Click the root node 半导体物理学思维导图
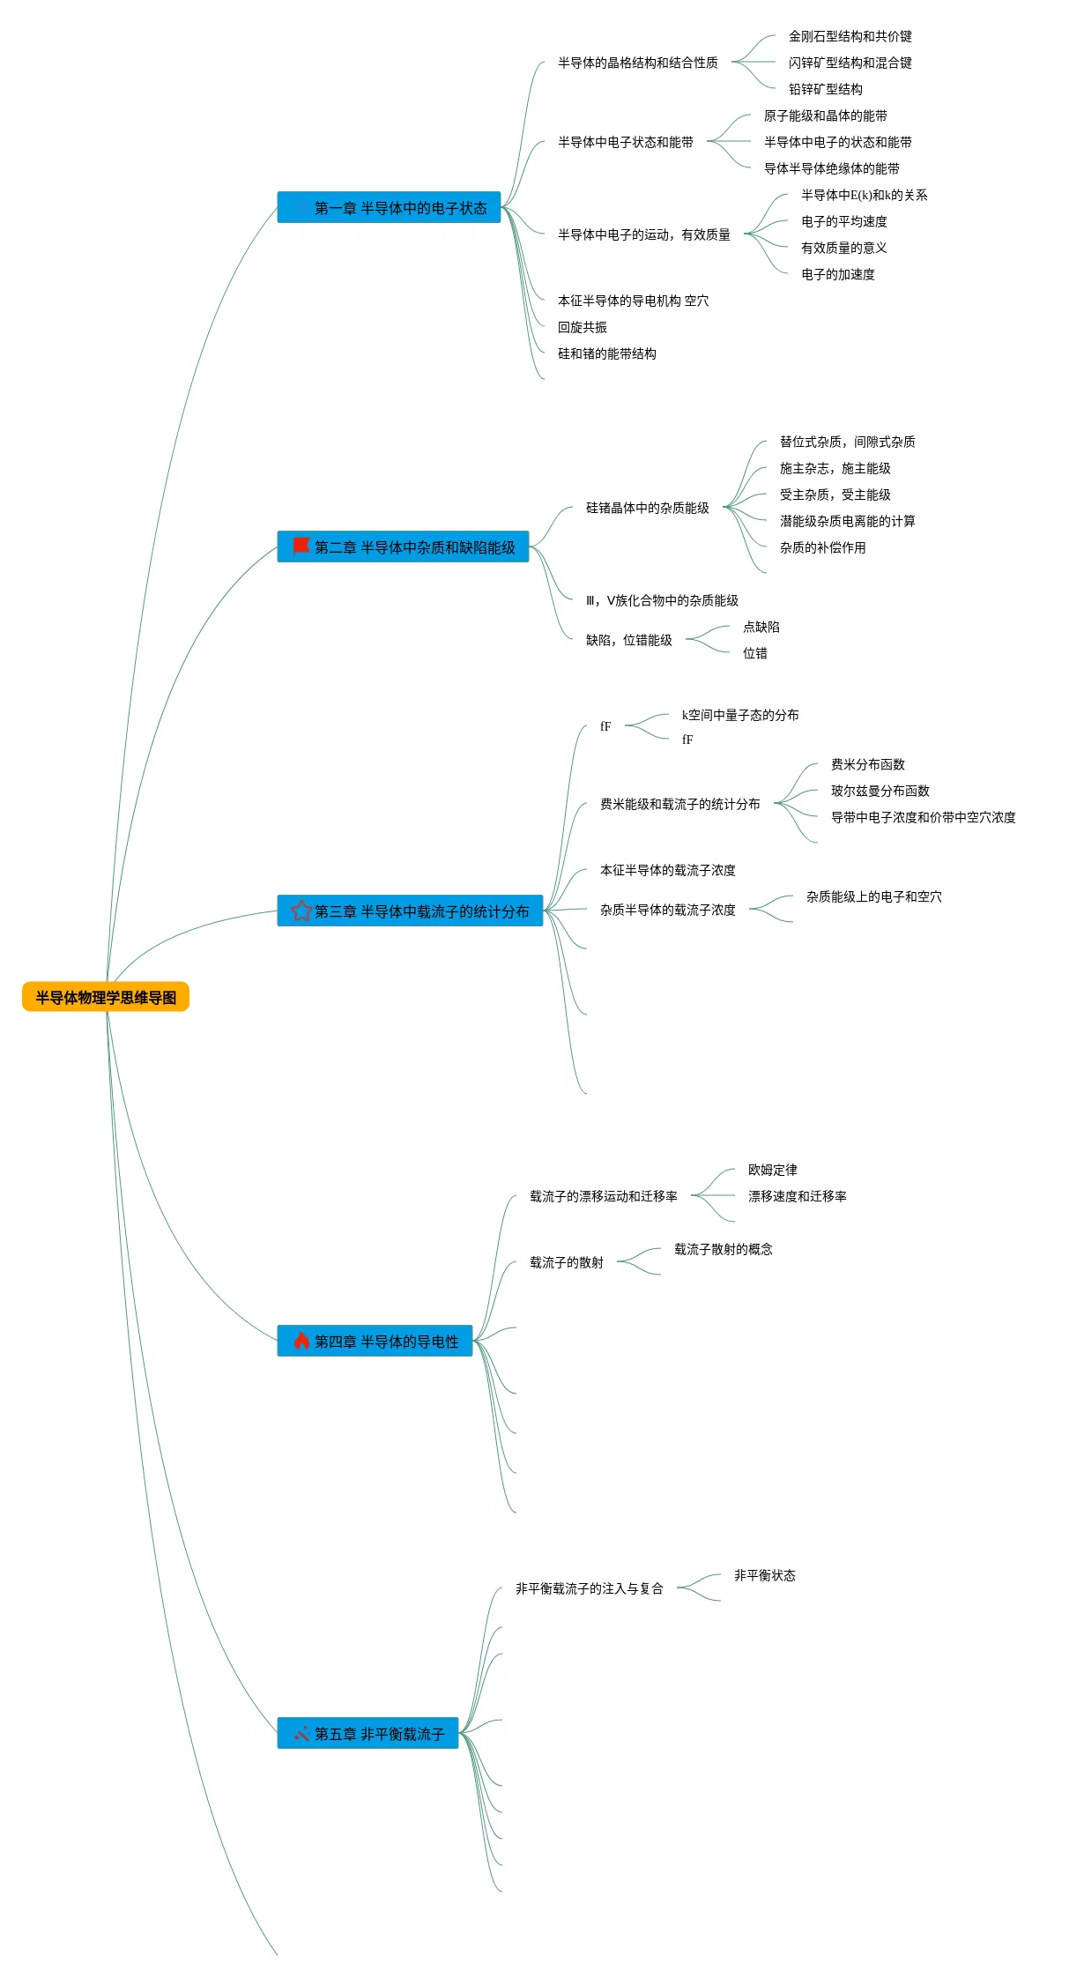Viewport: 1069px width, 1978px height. [106, 997]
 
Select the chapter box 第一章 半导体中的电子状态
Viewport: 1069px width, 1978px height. [389, 207]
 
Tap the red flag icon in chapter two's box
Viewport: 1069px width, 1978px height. [301, 546]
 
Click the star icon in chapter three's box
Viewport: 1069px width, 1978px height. [301, 911]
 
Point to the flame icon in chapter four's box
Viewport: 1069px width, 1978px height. [301, 1341]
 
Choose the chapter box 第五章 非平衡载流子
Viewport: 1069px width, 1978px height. [367, 1733]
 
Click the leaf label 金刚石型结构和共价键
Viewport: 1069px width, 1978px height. [850, 36]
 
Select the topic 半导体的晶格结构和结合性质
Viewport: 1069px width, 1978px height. [638, 63]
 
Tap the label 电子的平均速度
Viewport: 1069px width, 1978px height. [844, 221]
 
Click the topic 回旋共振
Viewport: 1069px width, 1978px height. [583, 327]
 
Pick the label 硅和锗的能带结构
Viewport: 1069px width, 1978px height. [607, 353]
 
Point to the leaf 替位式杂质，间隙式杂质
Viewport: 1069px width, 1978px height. [848, 442]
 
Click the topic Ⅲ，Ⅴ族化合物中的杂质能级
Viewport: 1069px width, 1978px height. [662, 600]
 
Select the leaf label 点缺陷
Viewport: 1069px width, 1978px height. [761, 627]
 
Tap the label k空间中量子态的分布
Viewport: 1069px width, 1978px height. [740, 715]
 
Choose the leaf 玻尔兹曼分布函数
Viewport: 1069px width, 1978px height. [880, 791]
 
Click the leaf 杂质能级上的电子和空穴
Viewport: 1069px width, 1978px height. [874, 896]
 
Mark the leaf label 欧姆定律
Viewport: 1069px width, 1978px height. [773, 1170]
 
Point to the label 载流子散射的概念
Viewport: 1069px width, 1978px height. [724, 1249]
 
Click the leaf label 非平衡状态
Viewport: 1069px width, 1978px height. [765, 1575]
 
